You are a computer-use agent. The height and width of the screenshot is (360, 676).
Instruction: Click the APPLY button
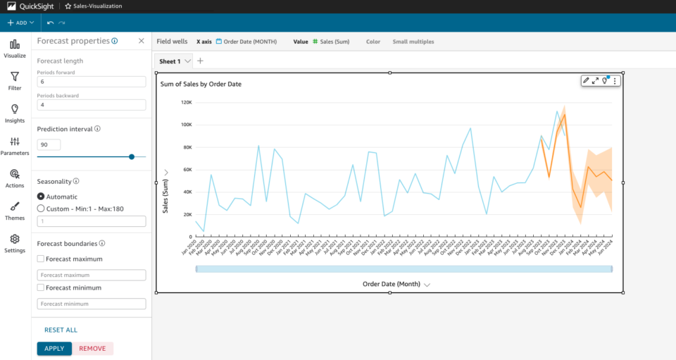click(x=54, y=349)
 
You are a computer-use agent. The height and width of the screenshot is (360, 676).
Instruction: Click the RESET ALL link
click(x=61, y=330)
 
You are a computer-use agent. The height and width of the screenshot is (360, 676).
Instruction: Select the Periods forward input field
click(x=91, y=82)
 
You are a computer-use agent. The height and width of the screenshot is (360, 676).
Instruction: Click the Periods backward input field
click(x=91, y=105)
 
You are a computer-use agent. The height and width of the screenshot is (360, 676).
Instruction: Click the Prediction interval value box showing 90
click(x=49, y=144)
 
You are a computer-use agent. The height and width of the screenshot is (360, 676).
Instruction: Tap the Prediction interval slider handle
click(x=132, y=156)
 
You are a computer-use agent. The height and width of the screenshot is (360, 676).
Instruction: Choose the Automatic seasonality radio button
click(x=41, y=197)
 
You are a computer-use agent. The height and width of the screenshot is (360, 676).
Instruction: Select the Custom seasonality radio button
click(x=41, y=209)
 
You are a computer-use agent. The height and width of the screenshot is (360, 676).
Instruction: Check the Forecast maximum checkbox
click(x=41, y=259)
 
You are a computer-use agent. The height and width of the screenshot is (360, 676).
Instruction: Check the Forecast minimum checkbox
click(x=41, y=288)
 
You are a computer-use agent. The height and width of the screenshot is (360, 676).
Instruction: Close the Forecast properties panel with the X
click(x=141, y=42)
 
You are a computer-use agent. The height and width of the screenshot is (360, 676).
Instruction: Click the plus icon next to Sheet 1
click(x=200, y=61)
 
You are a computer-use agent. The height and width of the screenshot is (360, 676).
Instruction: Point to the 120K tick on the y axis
click(x=187, y=102)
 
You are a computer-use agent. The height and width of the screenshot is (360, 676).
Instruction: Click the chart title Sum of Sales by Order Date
click(x=201, y=84)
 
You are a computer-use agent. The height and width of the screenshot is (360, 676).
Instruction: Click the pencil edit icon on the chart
click(x=586, y=81)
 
